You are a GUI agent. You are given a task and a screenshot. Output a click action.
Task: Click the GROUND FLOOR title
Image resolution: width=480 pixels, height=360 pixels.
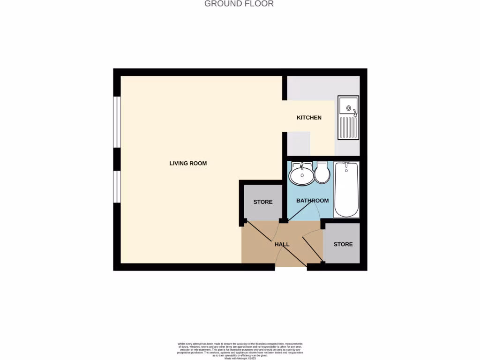click(x=239, y=4)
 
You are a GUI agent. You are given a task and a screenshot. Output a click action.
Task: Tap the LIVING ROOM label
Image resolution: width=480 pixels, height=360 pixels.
click(x=188, y=164)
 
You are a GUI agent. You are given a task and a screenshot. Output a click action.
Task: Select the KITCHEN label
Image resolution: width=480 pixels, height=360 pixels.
click(x=309, y=118)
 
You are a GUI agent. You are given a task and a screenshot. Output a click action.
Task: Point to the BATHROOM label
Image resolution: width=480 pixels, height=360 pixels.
click(x=312, y=201)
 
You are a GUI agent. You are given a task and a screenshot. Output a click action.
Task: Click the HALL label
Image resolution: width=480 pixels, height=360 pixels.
click(x=282, y=244)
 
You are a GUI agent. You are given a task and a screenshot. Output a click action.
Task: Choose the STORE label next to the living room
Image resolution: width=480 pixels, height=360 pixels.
click(x=263, y=202)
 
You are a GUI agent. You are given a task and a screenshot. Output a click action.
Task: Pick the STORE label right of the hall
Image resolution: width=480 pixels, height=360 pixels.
click(x=343, y=244)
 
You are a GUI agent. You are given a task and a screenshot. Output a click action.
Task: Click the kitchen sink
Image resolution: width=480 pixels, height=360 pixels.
click(x=348, y=118)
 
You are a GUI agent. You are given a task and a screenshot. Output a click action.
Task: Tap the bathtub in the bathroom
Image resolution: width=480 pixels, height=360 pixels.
click(x=346, y=189)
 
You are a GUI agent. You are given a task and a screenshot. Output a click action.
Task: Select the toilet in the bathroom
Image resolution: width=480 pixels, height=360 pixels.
click(x=322, y=173)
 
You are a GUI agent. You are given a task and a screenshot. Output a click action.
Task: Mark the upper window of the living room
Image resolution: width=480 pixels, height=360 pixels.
click(x=117, y=122)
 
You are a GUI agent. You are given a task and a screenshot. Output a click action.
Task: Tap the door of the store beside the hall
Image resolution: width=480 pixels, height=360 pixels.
click(x=313, y=248)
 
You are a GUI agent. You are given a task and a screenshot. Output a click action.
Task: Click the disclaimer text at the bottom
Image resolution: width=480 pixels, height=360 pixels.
click(x=240, y=350)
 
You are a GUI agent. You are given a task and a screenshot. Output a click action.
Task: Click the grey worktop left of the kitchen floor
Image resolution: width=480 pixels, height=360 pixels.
click(x=298, y=143)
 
